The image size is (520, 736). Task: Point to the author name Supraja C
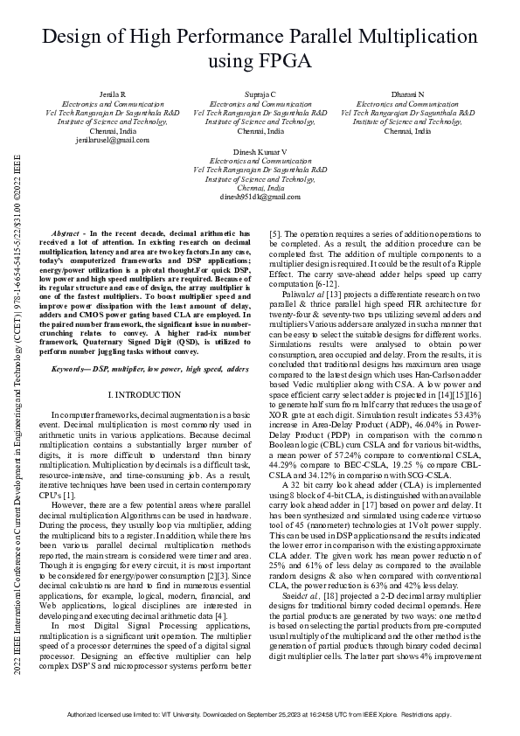(260, 94)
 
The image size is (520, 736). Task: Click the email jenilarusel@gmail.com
(101, 140)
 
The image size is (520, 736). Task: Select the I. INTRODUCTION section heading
(149, 394)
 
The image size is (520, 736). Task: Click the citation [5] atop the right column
(274, 235)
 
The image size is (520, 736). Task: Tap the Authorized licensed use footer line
(260, 714)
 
